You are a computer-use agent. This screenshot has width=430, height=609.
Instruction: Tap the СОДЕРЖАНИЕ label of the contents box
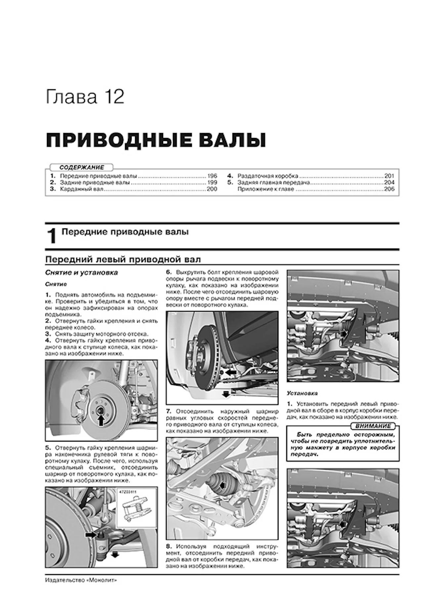(81, 167)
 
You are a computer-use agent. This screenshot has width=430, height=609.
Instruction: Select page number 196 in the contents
(212, 176)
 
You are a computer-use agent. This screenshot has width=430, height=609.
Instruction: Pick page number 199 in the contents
(212, 182)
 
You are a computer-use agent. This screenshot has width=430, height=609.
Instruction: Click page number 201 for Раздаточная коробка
(389, 176)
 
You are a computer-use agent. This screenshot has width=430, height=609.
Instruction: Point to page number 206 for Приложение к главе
(389, 189)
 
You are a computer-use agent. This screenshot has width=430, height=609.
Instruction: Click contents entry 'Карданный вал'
(82, 189)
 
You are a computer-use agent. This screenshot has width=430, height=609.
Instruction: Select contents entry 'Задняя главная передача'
(274, 183)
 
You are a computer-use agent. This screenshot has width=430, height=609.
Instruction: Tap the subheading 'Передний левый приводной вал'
(123, 259)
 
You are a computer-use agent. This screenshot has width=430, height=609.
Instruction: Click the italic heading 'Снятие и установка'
(81, 273)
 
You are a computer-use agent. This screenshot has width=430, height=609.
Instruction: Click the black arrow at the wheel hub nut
(102, 420)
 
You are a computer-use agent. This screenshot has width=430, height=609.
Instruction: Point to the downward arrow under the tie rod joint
(114, 555)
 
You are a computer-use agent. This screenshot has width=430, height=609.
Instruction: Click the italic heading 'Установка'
(302, 393)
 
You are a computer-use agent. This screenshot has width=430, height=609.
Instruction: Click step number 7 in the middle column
(169, 411)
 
